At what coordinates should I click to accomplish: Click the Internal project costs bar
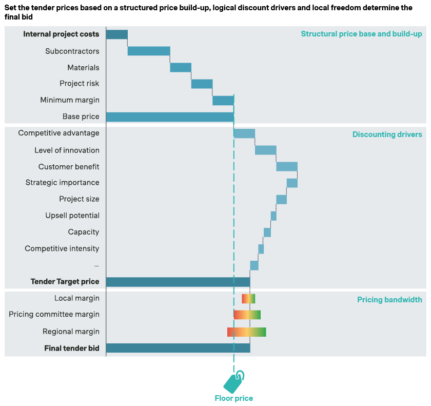click(116, 34)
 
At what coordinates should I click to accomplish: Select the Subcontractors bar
click(149, 51)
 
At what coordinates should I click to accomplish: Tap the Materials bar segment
click(181, 67)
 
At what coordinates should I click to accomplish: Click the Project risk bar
click(202, 84)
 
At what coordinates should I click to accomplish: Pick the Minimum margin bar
click(223, 100)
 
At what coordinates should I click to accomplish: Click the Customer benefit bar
click(287, 166)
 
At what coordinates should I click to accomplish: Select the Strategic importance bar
click(292, 183)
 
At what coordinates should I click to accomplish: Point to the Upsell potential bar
click(273, 216)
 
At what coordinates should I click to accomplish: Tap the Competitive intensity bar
click(261, 249)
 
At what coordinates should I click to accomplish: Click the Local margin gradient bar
click(248, 298)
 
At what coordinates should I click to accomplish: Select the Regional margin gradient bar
click(246, 332)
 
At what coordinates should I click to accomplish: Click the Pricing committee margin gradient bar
click(247, 315)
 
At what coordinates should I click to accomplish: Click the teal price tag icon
click(234, 381)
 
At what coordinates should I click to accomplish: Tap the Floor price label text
click(233, 398)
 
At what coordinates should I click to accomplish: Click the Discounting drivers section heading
click(387, 134)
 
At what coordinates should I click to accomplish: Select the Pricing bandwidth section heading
click(389, 299)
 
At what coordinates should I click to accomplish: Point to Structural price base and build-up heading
click(361, 34)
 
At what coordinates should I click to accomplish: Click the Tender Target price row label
click(65, 281)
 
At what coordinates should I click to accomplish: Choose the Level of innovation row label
click(67, 150)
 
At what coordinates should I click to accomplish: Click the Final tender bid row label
click(71, 348)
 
